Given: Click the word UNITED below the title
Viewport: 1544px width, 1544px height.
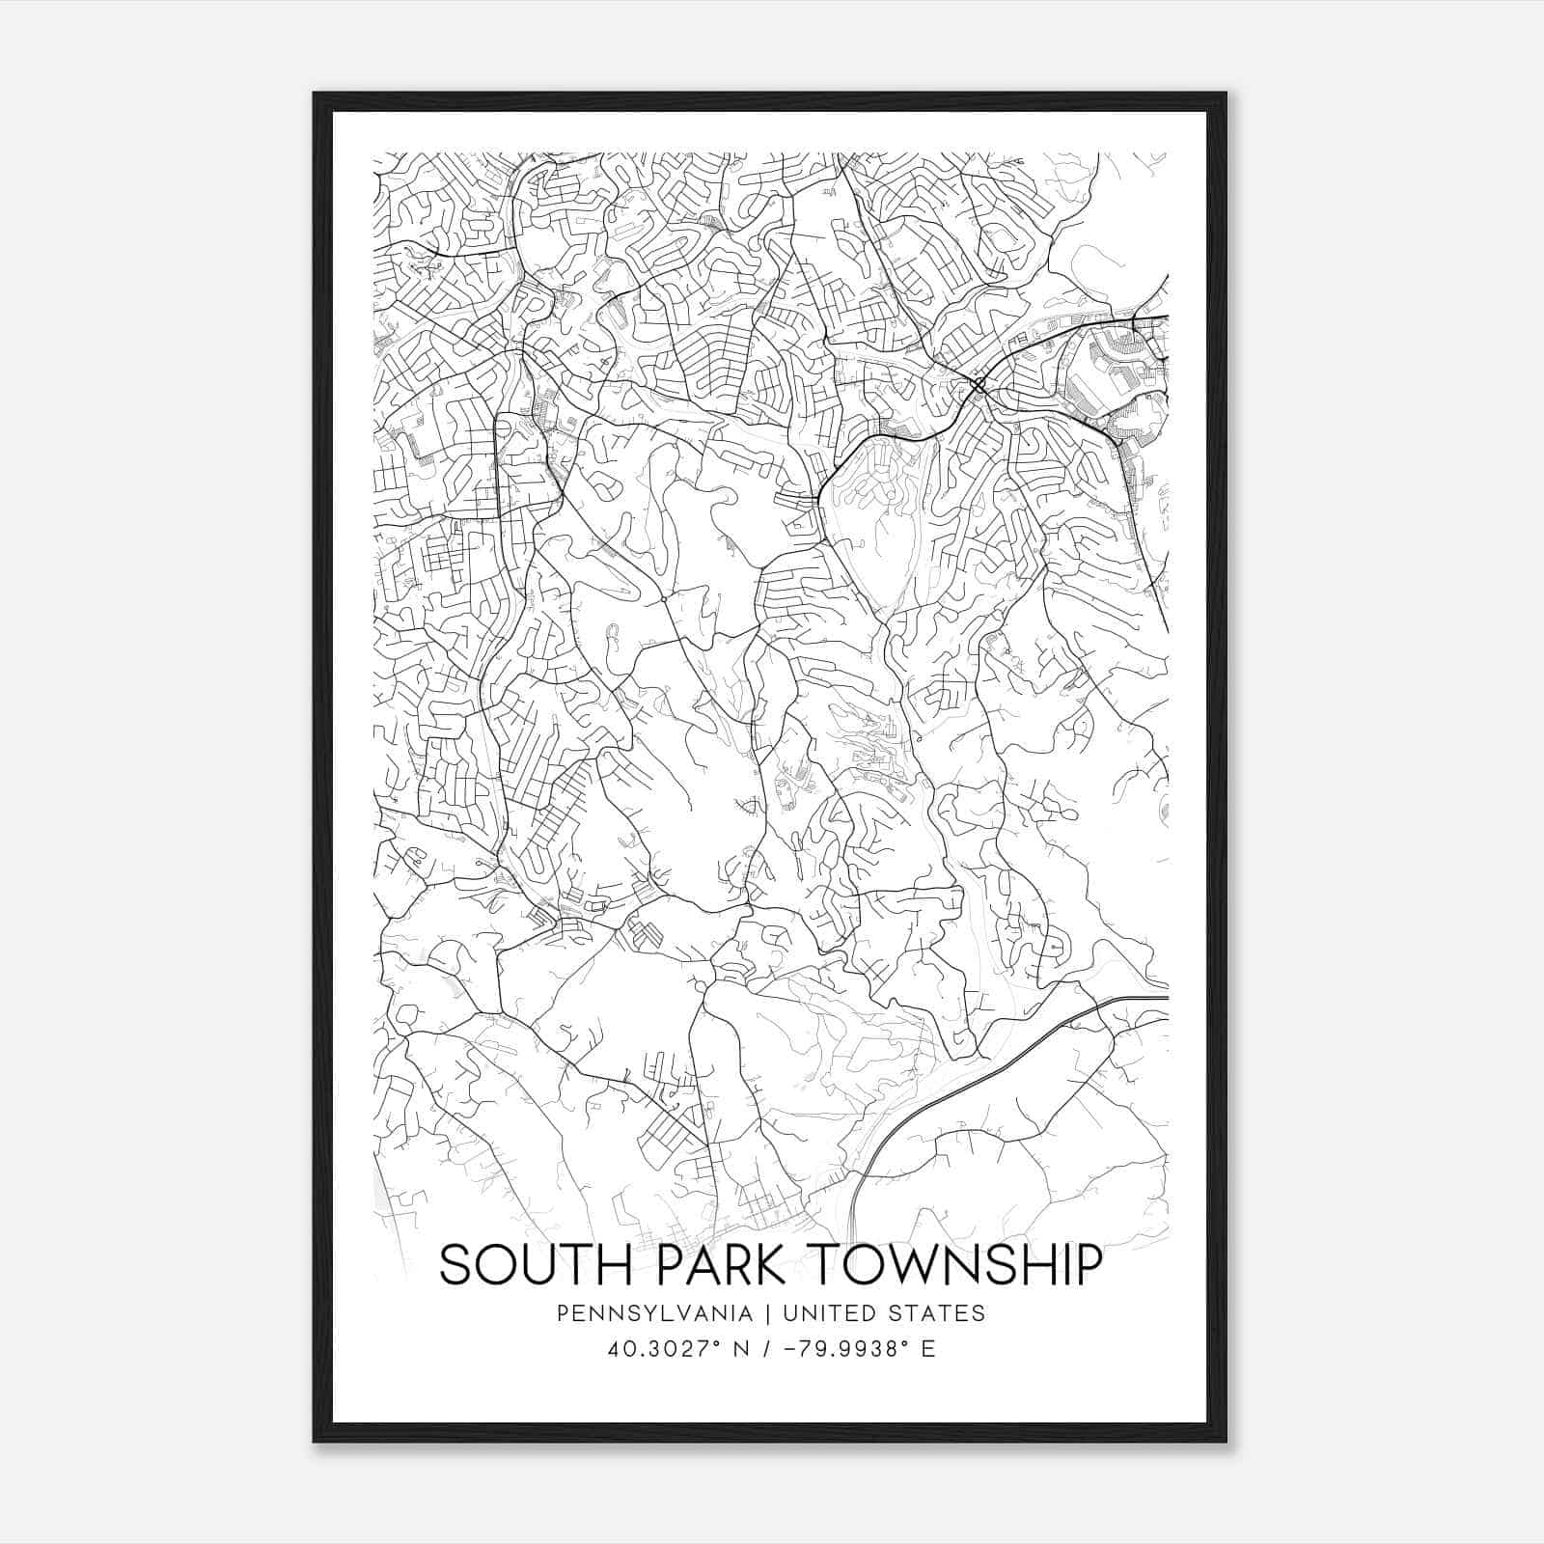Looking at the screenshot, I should click(831, 1313).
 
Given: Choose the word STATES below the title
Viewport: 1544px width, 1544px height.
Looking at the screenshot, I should click(938, 1313).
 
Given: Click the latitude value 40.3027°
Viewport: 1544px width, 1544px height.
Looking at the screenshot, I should click(666, 1349).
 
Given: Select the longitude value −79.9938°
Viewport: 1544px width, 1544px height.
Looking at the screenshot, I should click(854, 1349).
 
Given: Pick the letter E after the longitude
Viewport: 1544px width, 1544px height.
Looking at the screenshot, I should click(928, 1349).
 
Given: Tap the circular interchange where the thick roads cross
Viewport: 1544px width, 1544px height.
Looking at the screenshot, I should click(978, 386).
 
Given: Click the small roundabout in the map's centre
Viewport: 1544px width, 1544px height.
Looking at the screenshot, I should click(664, 599).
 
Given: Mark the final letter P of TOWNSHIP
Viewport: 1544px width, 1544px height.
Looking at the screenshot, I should click(1088, 1265).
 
